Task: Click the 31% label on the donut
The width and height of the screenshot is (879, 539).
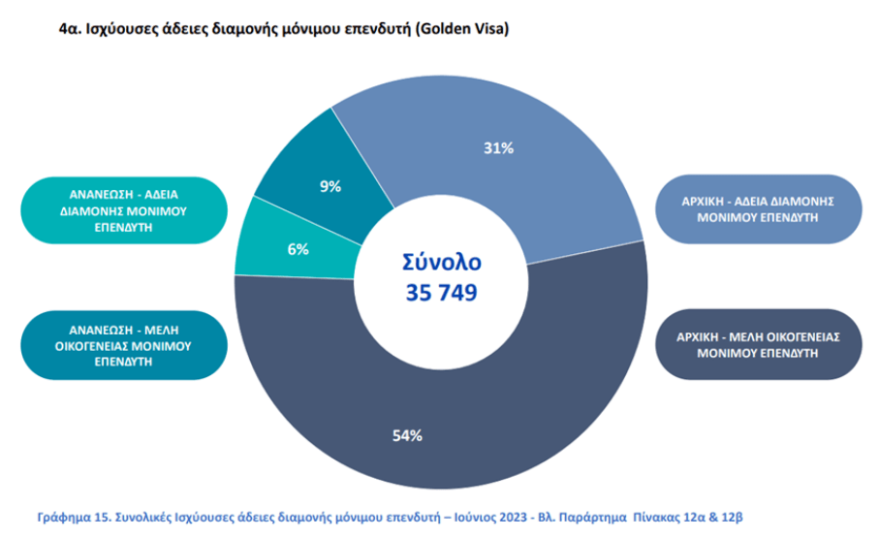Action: [x=499, y=148]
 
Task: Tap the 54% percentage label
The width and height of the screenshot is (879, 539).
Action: [x=407, y=435]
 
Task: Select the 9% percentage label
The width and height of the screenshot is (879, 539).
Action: [x=330, y=186]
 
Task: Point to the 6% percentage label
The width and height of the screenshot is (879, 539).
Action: [x=298, y=249]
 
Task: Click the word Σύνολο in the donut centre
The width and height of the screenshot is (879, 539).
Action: [x=441, y=262]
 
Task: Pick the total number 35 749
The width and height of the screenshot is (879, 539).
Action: [x=440, y=292]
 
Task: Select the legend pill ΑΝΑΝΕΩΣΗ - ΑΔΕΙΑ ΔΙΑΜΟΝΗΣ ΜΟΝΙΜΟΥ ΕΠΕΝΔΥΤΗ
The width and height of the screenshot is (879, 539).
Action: [x=122, y=209]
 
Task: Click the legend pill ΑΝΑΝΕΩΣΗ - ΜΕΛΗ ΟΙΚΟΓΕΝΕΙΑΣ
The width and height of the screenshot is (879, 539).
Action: [x=122, y=344]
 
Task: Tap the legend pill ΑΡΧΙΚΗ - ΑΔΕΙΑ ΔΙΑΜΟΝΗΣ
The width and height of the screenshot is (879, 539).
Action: [x=758, y=208]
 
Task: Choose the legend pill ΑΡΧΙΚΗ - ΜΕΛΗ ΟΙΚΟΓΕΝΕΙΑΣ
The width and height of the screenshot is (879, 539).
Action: [x=758, y=344]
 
